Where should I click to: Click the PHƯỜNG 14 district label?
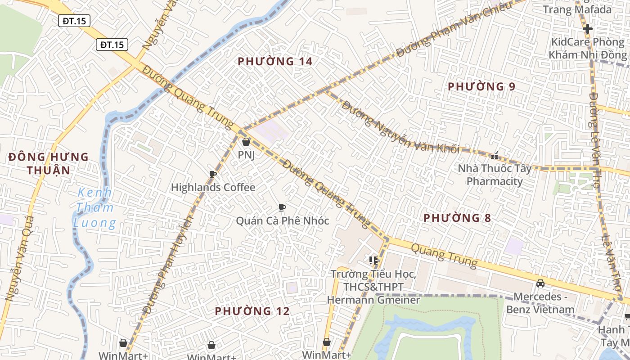coord(275,61)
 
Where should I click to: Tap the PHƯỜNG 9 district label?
coord(481,86)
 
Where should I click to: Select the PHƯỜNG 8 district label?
coord(457,218)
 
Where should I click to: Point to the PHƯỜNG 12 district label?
coord(252,311)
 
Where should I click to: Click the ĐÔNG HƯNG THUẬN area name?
coord(49,163)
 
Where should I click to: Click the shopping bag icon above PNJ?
coord(246,142)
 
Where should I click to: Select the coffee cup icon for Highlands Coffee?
coord(213,175)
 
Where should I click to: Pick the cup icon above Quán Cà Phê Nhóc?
coord(282,207)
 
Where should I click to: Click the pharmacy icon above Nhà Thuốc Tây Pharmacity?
coord(495,156)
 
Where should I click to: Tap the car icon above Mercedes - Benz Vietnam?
coord(540,283)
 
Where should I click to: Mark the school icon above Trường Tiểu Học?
coord(373,261)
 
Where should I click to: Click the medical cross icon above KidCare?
coord(587,29)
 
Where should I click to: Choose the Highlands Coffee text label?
coord(213,188)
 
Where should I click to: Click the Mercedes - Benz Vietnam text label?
coord(540,303)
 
